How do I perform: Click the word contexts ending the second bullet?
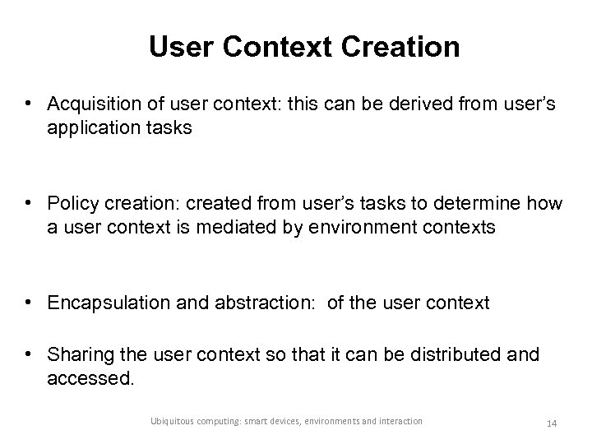[x=457, y=227]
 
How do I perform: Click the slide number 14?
[x=552, y=423]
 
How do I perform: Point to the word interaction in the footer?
[x=400, y=421]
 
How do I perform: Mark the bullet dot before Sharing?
[x=30, y=354]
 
